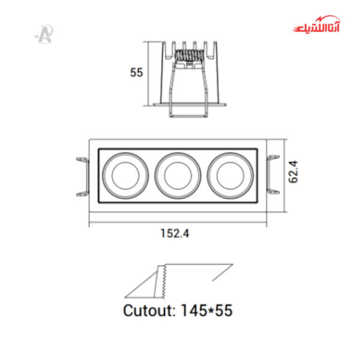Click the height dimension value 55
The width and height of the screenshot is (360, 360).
[x=136, y=73]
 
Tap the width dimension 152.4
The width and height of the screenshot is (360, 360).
[x=175, y=235]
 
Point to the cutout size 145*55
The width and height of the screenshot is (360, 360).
[x=206, y=310]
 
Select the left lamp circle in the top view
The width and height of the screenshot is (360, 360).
[x=125, y=175]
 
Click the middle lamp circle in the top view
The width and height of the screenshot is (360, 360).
[x=178, y=175]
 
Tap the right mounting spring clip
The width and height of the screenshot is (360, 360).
[x=272, y=175]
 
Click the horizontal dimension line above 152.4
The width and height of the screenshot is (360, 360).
[x=178, y=225]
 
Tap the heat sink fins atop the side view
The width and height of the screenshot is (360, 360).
[x=190, y=46]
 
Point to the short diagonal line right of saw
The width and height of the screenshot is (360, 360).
[x=222, y=274]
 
